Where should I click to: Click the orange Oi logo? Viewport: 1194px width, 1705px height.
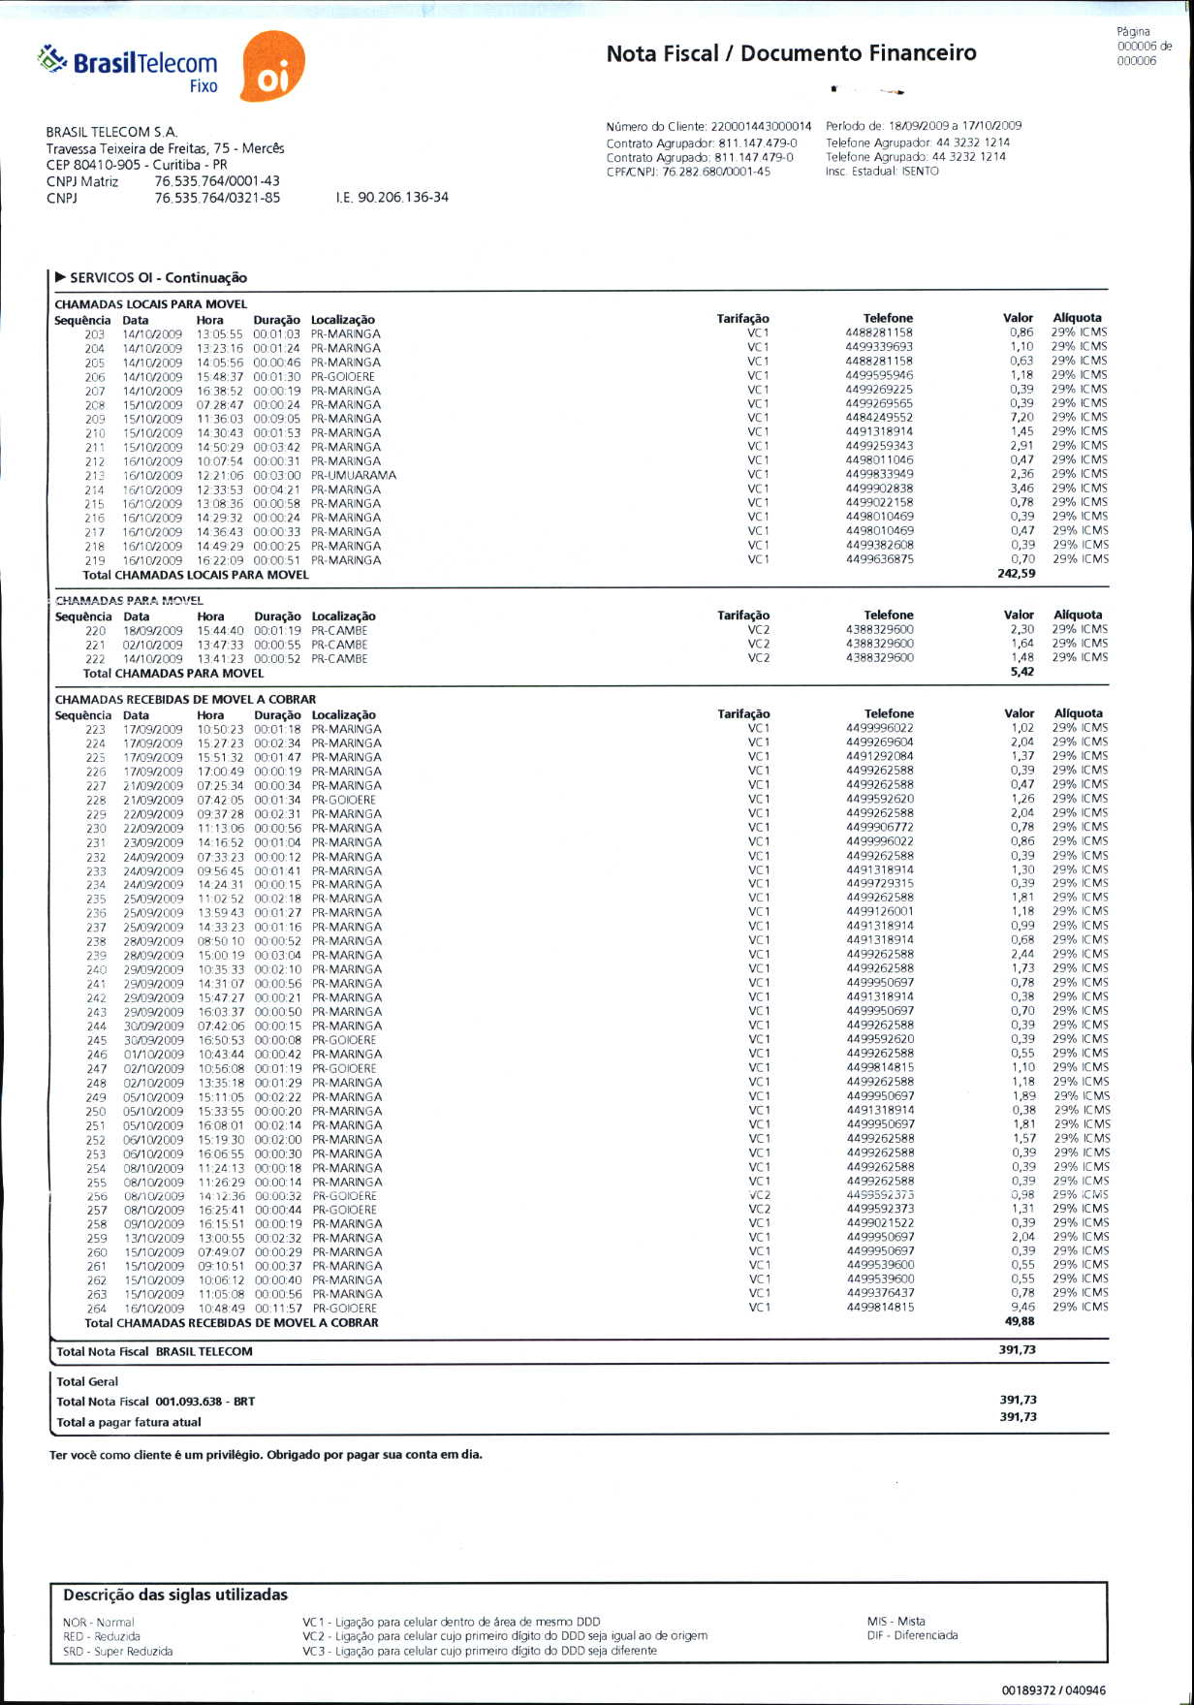coord(271,67)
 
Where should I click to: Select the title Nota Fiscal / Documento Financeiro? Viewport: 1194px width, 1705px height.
coord(791,53)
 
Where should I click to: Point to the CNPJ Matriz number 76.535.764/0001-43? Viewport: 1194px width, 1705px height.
coord(217,181)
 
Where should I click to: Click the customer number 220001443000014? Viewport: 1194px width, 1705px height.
coord(761,126)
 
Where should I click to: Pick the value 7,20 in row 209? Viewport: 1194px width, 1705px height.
coord(1021,418)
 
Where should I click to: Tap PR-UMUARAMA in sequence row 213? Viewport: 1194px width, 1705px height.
coord(354,475)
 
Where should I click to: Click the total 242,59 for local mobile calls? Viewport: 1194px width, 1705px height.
coord(1016,574)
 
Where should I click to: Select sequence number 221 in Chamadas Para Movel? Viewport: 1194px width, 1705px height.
coord(95,645)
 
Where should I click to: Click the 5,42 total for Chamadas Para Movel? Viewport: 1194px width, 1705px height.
coord(1021,672)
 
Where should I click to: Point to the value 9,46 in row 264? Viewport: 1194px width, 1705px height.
coord(1022,1307)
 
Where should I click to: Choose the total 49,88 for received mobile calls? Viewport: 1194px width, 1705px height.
coord(1020,1321)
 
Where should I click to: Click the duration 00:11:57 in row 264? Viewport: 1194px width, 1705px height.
coord(277,1309)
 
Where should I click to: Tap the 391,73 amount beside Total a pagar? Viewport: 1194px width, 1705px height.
coord(1018,1417)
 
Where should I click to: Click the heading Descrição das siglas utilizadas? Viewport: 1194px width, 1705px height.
coord(175,1594)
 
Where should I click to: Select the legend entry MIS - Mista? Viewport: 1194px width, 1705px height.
coord(895,1621)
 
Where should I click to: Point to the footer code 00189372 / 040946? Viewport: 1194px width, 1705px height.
coord(1053,1690)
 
